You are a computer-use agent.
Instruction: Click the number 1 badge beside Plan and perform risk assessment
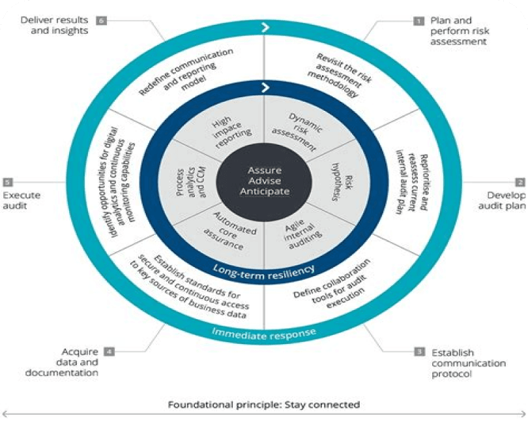(x=418, y=20)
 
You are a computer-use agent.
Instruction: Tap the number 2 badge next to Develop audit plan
(x=520, y=182)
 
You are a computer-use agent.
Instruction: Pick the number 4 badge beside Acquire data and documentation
(x=109, y=352)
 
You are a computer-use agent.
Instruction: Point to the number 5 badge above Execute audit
(x=7, y=182)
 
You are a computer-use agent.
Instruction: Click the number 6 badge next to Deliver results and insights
(x=101, y=20)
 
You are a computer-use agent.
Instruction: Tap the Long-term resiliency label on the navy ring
(x=264, y=269)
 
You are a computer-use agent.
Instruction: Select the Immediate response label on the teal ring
(x=264, y=332)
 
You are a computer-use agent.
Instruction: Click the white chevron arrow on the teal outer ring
(x=265, y=27)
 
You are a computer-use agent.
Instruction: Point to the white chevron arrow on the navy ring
(x=265, y=87)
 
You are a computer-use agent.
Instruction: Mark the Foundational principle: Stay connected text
(x=264, y=404)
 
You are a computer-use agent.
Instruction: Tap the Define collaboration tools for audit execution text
(x=332, y=282)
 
